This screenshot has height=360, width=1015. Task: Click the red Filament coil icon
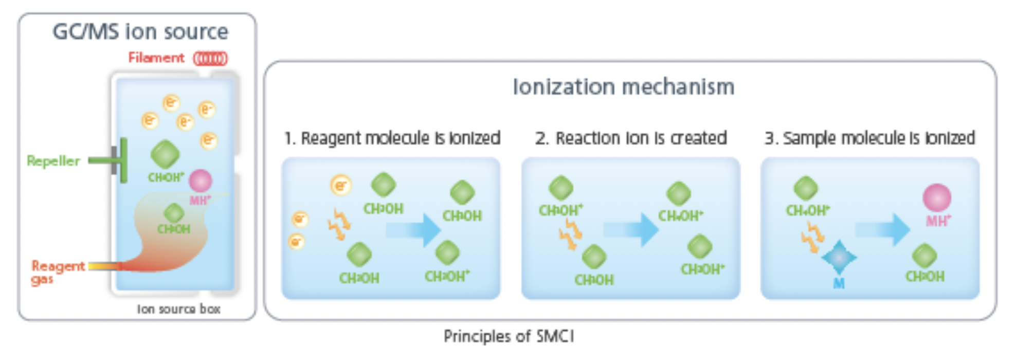210,59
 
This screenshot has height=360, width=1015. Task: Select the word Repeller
53,161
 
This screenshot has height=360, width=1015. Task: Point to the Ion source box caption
178,309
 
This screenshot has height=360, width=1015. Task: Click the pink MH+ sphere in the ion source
200,181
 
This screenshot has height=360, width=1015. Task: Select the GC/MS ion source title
140,32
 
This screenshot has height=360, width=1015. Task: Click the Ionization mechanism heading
623,87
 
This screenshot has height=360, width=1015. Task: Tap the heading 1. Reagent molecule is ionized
392,138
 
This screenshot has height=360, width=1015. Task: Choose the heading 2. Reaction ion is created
631,138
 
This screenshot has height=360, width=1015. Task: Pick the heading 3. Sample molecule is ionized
869,138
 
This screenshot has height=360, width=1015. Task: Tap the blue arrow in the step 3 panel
882,229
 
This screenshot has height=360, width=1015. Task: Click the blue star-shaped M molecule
839,257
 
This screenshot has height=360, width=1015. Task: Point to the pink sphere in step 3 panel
937,198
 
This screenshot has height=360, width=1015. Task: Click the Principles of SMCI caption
509,336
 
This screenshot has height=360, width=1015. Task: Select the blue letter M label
839,283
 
